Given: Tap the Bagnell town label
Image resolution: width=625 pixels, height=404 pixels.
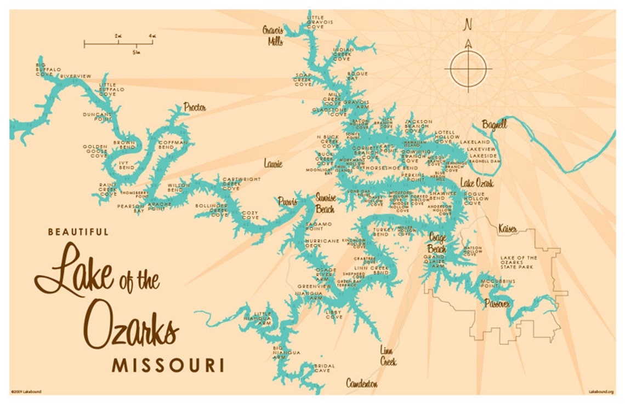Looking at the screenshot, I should pyautogui.click(x=494, y=125).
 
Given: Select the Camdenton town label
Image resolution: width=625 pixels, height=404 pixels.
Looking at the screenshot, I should pyautogui.click(x=361, y=384).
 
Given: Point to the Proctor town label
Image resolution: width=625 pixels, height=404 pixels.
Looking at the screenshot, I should pyautogui.click(x=195, y=107).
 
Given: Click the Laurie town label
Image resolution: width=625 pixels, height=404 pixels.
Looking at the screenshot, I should pyautogui.click(x=272, y=163).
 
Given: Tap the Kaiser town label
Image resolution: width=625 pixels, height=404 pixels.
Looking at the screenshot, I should pyautogui.click(x=507, y=228).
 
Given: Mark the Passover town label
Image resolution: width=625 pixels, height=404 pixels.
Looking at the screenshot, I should pyautogui.click(x=497, y=303).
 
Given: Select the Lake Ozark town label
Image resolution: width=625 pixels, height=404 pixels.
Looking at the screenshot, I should pyautogui.click(x=476, y=183).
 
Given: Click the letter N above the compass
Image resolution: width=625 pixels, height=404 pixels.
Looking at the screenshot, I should pyautogui.click(x=468, y=25).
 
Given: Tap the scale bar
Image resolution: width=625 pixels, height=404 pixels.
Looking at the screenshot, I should pyautogui.click(x=118, y=43).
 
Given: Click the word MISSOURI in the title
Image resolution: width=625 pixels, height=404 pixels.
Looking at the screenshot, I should pyautogui.click(x=168, y=366).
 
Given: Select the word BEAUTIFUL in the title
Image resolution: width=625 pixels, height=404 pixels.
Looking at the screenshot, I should pyautogui.click(x=78, y=232).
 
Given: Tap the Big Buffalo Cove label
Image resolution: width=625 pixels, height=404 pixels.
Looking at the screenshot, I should pyautogui.click(x=44, y=69).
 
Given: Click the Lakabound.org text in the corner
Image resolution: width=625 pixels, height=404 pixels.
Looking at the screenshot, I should pyautogui.click(x=601, y=391).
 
